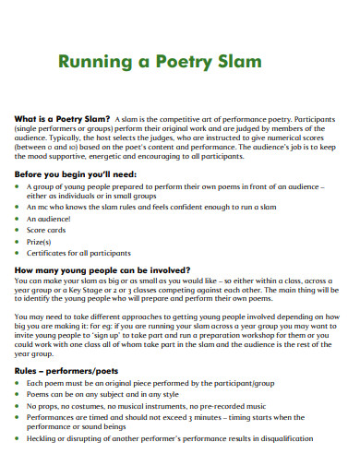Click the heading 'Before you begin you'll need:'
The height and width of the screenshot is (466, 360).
click(73, 173)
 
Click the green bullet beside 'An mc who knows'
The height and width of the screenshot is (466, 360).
click(19, 208)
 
